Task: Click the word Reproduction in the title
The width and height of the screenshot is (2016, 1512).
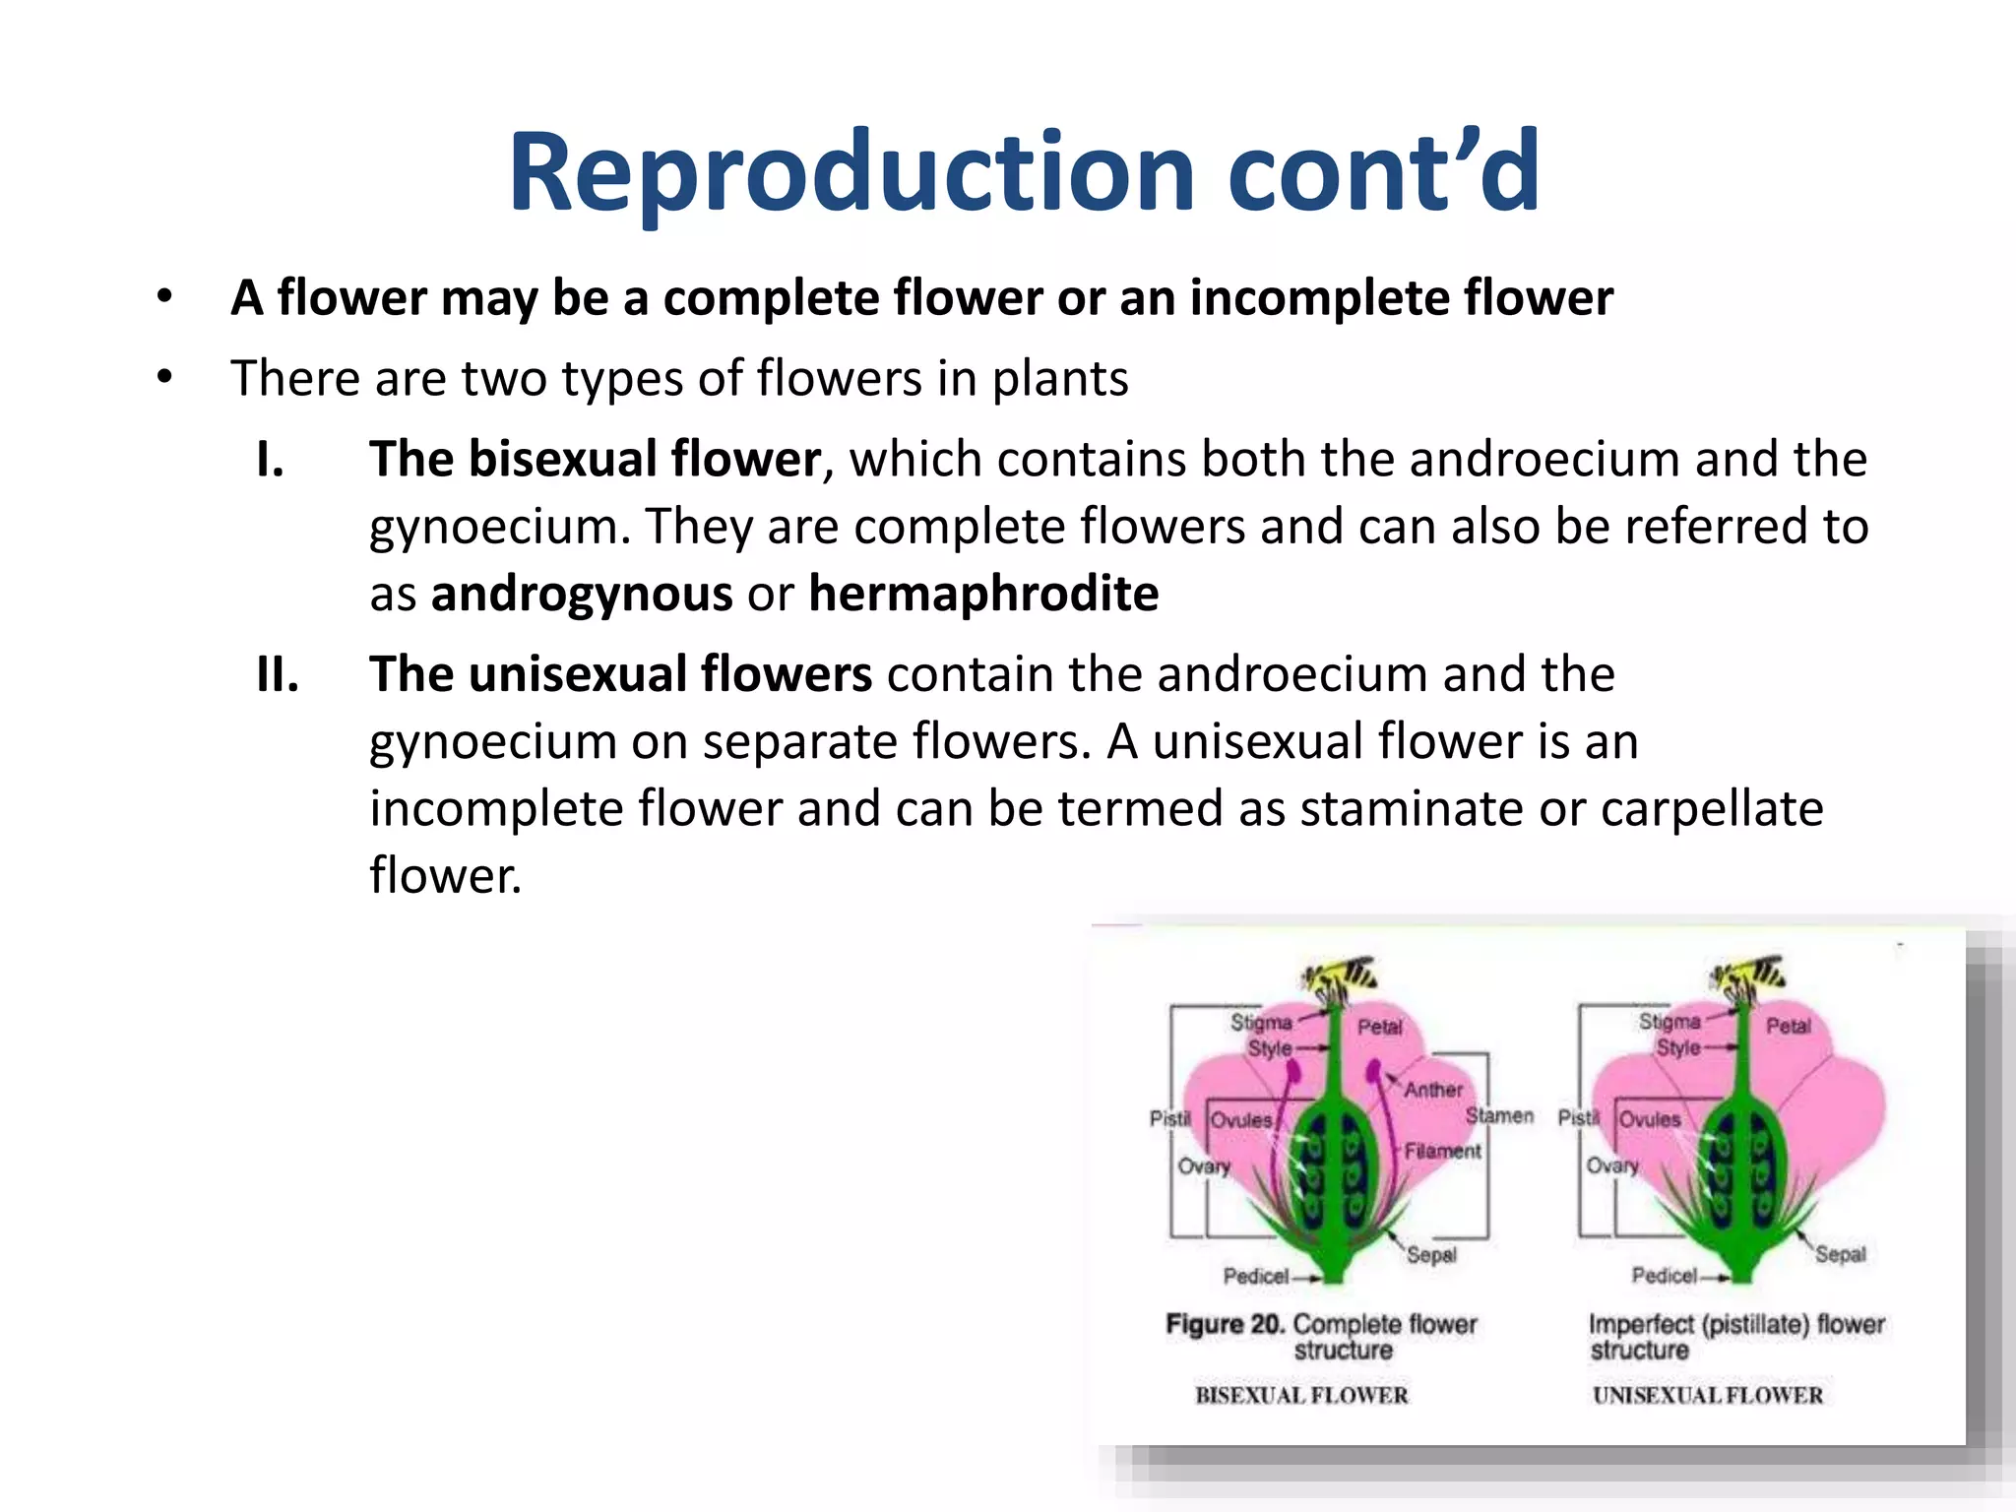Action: coord(851,173)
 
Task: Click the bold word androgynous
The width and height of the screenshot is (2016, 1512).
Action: coord(582,595)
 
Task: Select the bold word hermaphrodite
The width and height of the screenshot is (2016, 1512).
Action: coord(983,595)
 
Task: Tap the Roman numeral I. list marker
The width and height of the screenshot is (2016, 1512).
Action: coord(270,460)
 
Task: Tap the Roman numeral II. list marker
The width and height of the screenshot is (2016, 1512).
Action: coord(277,675)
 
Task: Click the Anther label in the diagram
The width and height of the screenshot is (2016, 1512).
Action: coord(1432,1090)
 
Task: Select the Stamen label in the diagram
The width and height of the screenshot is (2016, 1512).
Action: coord(1499,1115)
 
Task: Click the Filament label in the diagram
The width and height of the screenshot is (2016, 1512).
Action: coord(1442,1151)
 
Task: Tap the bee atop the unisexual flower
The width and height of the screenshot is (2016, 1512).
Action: coord(1748,976)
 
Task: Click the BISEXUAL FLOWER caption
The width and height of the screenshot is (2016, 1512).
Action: coord(1301,1395)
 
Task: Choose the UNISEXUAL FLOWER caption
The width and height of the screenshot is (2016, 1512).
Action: coord(1708,1395)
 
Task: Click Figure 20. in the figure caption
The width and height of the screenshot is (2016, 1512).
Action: coord(1225,1324)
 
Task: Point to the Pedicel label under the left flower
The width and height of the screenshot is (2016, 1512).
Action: coord(1255,1277)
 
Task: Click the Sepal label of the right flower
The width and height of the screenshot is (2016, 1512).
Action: coord(1840,1254)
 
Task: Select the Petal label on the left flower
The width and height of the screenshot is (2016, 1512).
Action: coord(1379,1027)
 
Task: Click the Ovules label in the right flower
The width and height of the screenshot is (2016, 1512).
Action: coord(1650,1120)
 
